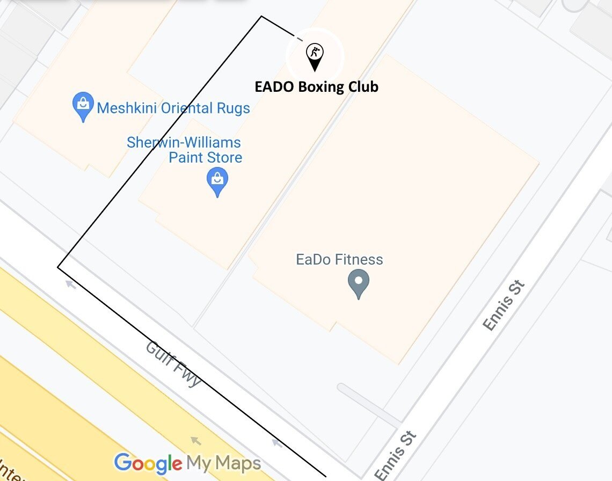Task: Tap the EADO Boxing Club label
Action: (x=316, y=87)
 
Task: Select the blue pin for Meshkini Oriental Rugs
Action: (x=83, y=107)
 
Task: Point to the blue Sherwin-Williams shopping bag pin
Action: (x=217, y=181)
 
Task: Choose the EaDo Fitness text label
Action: (x=339, y=260)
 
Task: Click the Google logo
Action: (x=148, y=463)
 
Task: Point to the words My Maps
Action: (x=223, y=463)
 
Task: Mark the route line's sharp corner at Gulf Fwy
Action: (x=58, y=267)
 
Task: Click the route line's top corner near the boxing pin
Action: (x=261, y=17)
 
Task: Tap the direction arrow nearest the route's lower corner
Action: (x=70, y=284)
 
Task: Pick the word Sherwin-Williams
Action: (x=184, y=143)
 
